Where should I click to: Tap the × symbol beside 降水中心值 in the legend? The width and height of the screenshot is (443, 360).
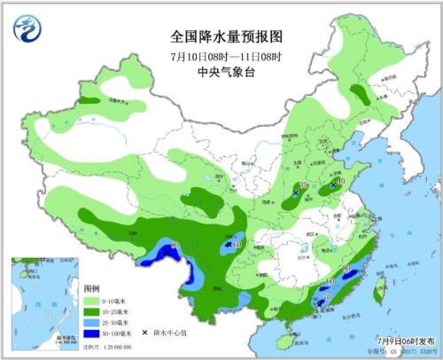click(143, 333)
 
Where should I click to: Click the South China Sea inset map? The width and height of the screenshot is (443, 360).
click(43, 301)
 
